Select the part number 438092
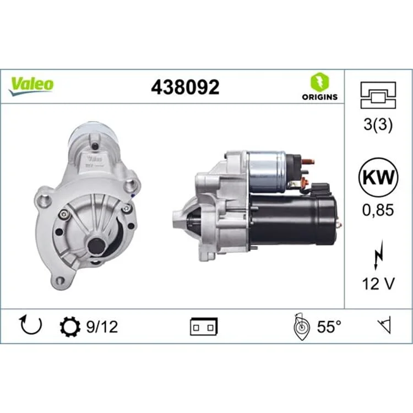coord(185,87)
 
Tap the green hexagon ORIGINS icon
coord(320,82)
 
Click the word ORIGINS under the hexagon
coord(320,97)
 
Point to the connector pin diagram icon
coord(378,95)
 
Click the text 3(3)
coord(378,124)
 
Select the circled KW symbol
coord(378,177)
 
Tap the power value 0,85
coord(378,210)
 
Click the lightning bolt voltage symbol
coord(378,255)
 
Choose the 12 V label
coord(378,284)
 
